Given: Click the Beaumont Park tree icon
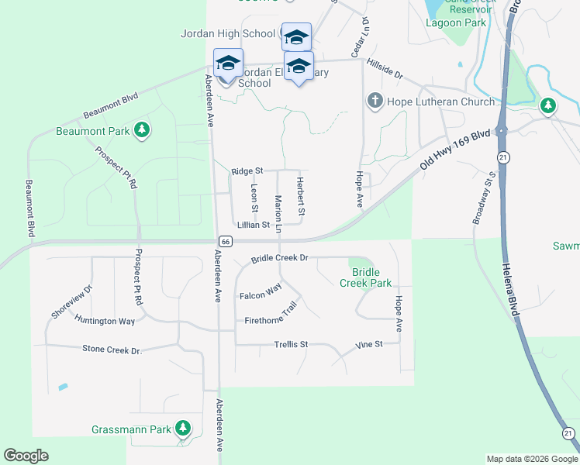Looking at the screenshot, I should [x=142, y=130].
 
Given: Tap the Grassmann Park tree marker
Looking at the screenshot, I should [x=182, y=428].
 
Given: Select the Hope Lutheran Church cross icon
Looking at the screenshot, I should [x=375, y=101].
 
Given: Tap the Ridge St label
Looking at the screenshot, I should [x=247, y=170].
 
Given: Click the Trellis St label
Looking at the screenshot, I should [x=291, y=344].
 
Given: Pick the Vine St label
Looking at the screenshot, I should [x=369, y=343].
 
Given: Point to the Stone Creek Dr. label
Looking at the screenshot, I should [x=113, y=350].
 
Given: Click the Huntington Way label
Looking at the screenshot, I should [x=105, y=319].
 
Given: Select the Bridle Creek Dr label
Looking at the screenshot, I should [x=279, y=257].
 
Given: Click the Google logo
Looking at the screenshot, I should [x=26, y=456].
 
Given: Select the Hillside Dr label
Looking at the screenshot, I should [x=385, y=71].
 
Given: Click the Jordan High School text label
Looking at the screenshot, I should [x=228, y=33].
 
